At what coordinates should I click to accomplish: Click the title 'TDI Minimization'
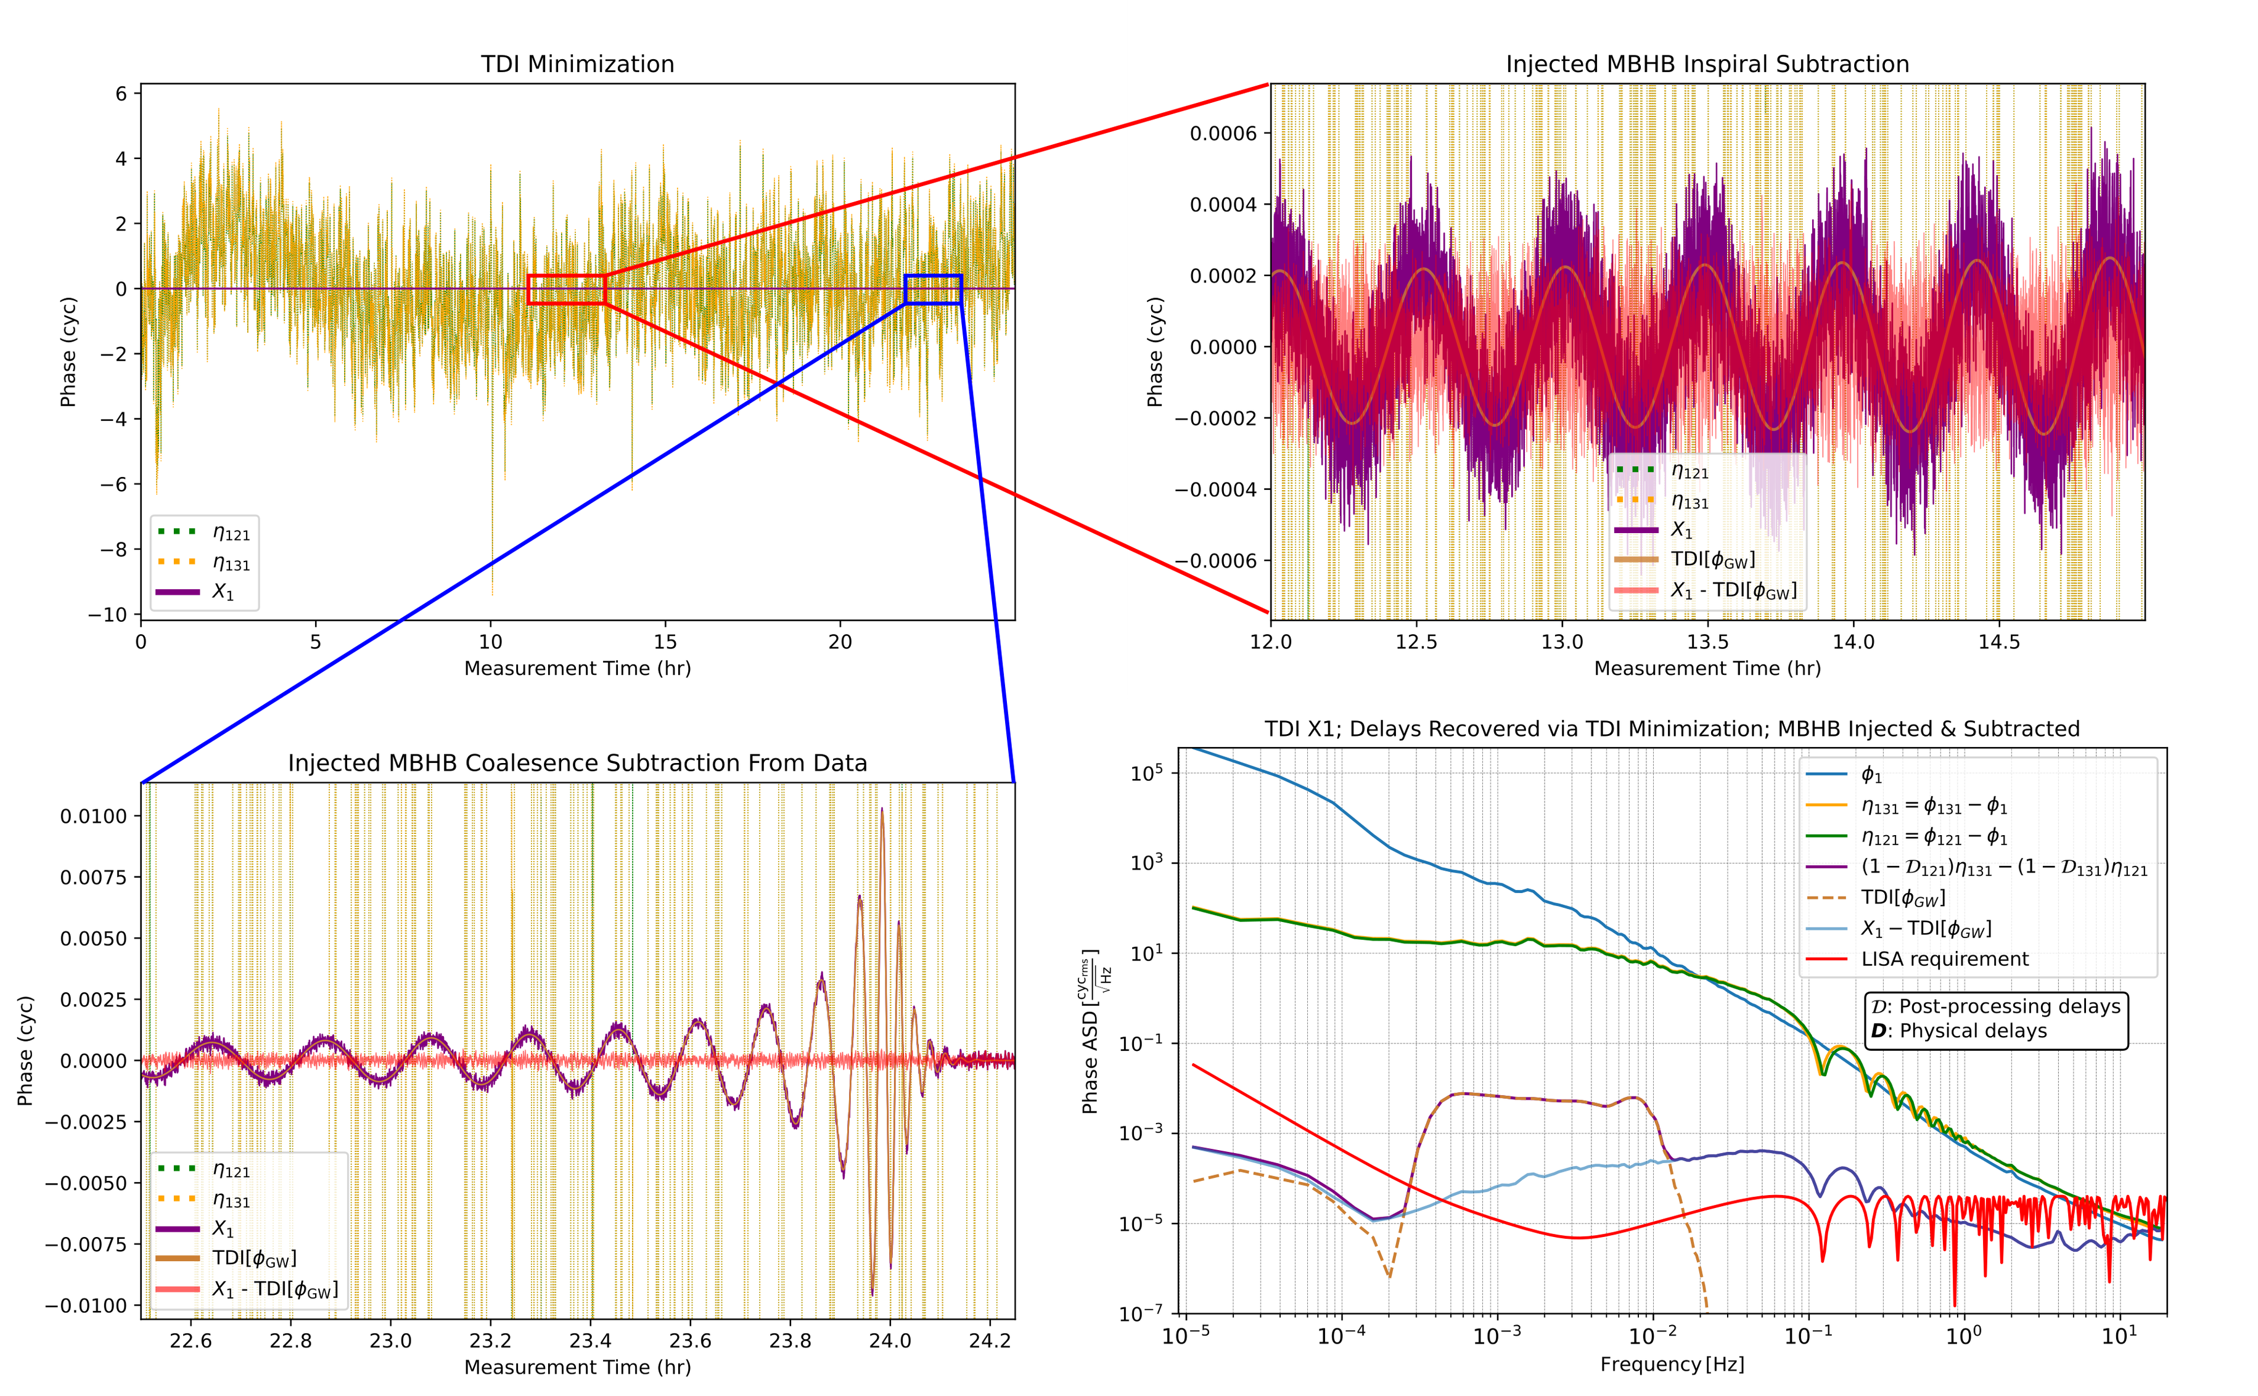(577, 63)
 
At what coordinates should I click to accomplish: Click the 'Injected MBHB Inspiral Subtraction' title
(1707, 63)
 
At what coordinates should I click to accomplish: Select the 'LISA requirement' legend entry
(1944, 959)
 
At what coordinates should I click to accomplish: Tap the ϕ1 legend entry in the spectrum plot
(1871, 775)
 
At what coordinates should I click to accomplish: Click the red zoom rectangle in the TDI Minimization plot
(566, 276)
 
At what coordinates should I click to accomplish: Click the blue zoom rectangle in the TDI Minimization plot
(933, 276)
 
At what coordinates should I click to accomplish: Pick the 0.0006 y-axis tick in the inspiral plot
(1223, 134)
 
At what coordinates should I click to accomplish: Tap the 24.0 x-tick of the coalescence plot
(889, 1341)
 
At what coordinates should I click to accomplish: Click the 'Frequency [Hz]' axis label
(1672, 1365)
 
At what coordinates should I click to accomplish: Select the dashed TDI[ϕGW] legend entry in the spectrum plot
(1902, 897)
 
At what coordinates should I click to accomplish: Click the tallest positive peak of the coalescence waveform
(882, 810)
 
